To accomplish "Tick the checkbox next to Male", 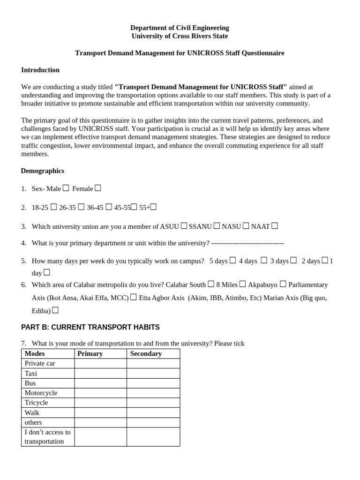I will click(66, 188).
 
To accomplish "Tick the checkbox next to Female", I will click(98, 188).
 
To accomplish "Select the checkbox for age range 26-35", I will click(82, 207).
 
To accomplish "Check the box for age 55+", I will click(153, 207).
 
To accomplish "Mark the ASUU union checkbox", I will click(184, 226).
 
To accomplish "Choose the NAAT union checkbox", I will click(275, 226).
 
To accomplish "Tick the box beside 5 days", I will click(233, 260).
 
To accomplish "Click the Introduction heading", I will click(40, 70).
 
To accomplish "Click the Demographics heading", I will click(43, 171).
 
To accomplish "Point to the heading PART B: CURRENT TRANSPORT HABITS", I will click(90, 327).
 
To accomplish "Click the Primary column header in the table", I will click(90, 353).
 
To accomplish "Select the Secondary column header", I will click(146, 353).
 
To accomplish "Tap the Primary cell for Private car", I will click(100, 363).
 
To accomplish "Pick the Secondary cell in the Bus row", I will click(153, 383).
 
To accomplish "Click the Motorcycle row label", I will click(41, 393).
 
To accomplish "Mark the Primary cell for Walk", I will click(100, 412).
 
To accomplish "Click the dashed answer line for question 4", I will click(247, 243).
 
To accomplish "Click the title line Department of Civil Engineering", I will click(180, 28).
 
